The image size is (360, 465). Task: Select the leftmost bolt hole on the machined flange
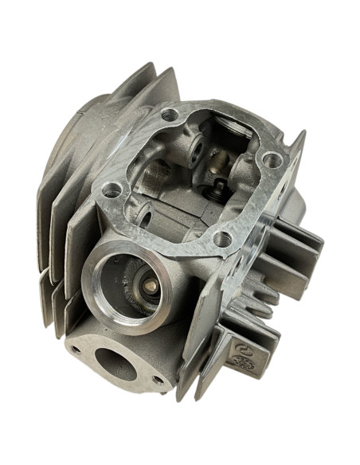coord(112,190)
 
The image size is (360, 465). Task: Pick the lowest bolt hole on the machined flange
coord(225,237)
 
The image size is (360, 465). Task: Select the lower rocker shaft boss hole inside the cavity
coord(144,212)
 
